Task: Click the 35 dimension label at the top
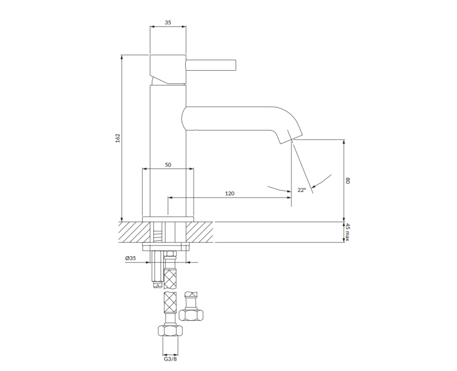click(x=168, y=22)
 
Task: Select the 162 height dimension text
click(x=118, y=138)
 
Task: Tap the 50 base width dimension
click(x=168, y=164)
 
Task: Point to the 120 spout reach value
click(x=230, y=193)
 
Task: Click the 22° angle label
click(x=302, y=190)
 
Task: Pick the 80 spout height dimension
click(x=347, y=180)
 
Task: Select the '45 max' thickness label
click(x=347, y=232)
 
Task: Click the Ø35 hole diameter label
click(x=131, y=258)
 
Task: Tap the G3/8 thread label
click(x=170, y=359)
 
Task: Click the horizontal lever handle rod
click(x=211, y=65)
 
